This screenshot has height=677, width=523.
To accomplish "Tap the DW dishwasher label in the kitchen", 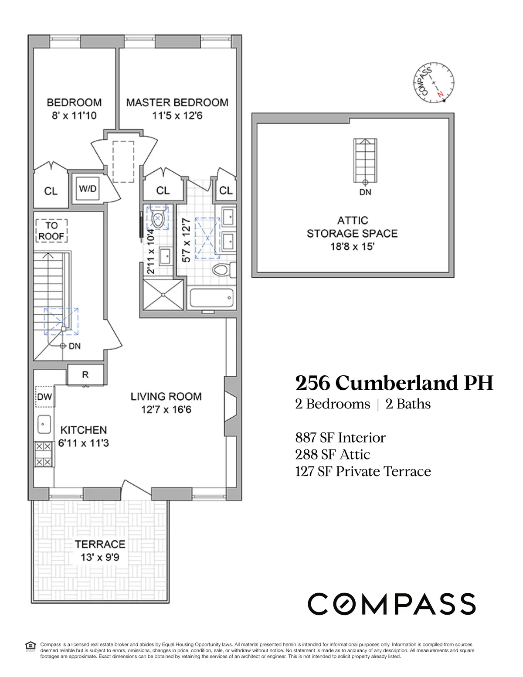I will click(x=44, y=397).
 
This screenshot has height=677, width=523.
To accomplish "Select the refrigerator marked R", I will click(x=85, y=374).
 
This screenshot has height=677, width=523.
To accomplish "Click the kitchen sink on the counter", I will click(x=44, y=424).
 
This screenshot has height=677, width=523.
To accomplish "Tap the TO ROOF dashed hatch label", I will click(x=51, y=231).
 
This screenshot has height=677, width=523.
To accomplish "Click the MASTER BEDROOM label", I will click(x=177, y=102).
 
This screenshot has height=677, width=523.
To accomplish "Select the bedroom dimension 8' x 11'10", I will click(x=74, y=116).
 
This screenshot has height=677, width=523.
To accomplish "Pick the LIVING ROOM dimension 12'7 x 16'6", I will click(x=166, y=409).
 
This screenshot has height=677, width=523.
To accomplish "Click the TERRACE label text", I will click(x=100, y=544).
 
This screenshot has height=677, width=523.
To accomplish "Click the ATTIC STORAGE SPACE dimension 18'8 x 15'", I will click(x=352, y=247).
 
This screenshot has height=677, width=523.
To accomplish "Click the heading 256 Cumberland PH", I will click(x=394, y=383).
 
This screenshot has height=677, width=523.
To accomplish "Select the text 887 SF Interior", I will click(x=340, y=437).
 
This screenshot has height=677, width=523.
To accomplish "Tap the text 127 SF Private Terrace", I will click(x=363, y=471).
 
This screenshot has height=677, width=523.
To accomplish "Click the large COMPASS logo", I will click(x=391, y=604).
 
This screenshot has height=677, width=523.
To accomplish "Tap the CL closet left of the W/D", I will click(x=51, y=191).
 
